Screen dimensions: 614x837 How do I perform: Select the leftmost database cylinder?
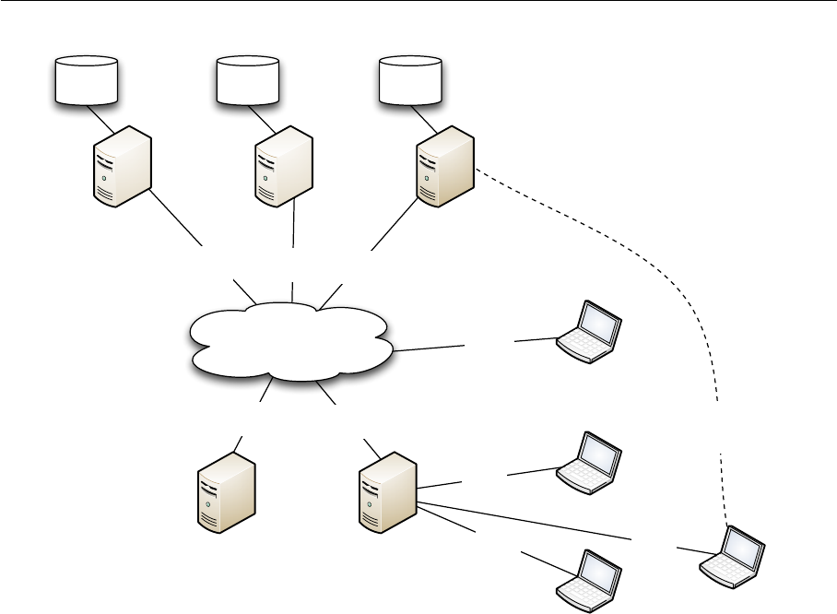pos(87,79)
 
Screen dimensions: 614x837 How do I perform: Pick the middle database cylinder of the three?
pos(247,79)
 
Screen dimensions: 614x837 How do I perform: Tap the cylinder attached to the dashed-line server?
pos(411,79)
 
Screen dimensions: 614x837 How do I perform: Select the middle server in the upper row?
pos(283,166)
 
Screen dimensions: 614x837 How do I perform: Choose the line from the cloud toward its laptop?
pos(429,348)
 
